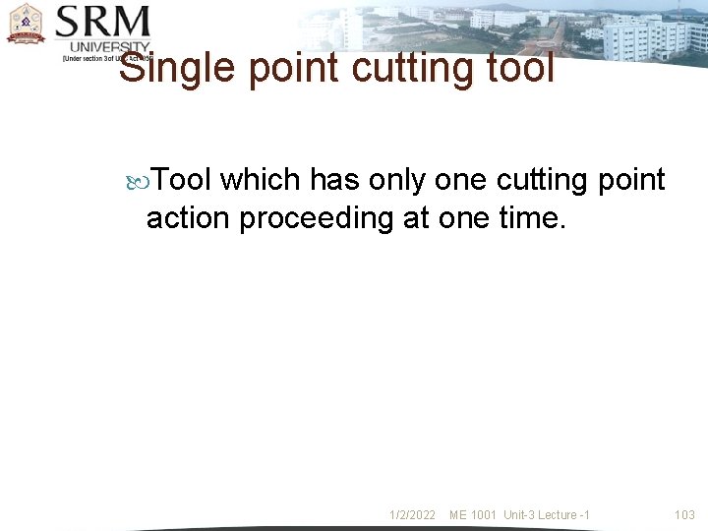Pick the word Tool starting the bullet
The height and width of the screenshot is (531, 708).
click(183, 180)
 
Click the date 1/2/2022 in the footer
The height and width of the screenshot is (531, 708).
click(413, 515)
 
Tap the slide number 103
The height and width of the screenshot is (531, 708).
click(684, 515)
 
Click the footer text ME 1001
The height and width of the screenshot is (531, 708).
click(473, 515)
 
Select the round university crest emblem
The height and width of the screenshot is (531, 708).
click(26, 25)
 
